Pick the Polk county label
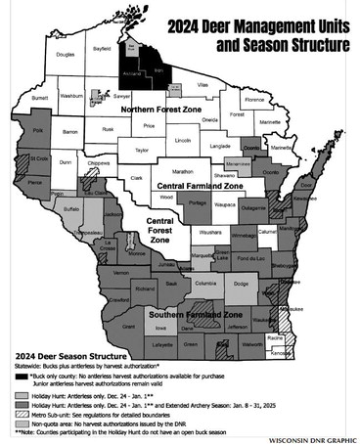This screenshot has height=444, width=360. point(38,129)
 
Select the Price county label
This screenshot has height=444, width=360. point(149,126)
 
